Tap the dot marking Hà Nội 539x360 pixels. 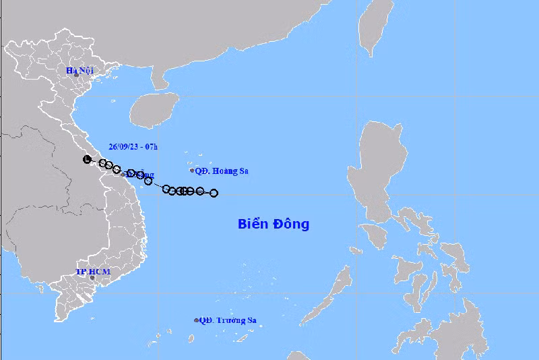77,76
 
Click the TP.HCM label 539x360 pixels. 92,272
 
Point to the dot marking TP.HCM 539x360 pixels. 92,278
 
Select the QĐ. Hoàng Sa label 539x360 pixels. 222,171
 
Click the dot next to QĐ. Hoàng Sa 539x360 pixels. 192,171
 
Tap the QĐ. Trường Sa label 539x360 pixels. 227,321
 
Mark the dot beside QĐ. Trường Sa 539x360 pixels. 197,321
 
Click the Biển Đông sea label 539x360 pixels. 274,224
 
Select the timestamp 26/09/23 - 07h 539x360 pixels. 133,146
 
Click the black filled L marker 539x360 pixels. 86,159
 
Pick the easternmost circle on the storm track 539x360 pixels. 214,193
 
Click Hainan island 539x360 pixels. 153,110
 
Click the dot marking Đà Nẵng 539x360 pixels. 123,174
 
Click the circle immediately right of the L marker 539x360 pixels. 103,163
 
